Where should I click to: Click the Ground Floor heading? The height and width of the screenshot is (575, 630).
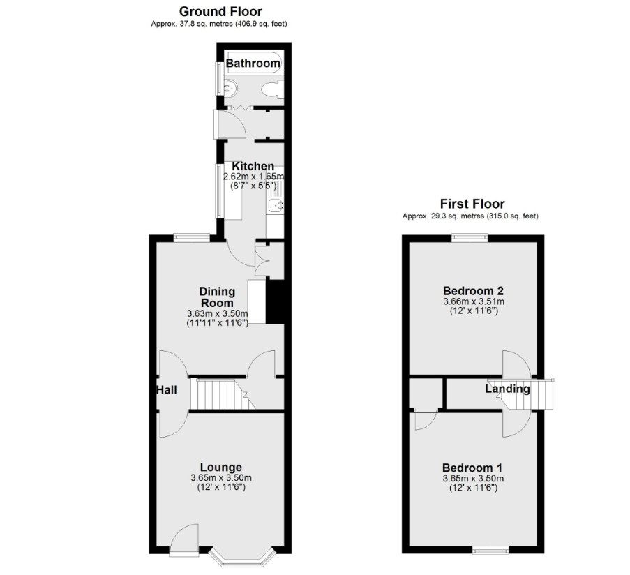(x=220, y=11)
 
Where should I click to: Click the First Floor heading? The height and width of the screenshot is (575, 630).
(x=472, y=204)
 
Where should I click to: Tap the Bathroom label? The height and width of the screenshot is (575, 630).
(x=253, y=63)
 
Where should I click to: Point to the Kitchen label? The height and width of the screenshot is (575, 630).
(x=253, y=166)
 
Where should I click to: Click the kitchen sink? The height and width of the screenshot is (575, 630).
(x=276, y=205)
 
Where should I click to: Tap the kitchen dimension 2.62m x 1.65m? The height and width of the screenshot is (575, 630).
(x=253, y=177)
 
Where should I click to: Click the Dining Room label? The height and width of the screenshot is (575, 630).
(x=217, y=297)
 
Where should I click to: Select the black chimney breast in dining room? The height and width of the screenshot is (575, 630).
(x=275, y=301)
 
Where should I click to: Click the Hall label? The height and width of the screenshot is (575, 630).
(x=166, y=390)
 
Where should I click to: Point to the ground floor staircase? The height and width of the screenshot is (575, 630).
(x=223, y=394)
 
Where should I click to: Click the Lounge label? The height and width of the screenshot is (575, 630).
(x=221, y=467)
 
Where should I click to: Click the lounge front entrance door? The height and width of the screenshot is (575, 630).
(x=184, y=540)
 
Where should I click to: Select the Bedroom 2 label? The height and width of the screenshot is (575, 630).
(x=473, y=290)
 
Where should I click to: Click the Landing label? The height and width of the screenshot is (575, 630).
(x=507, y=389)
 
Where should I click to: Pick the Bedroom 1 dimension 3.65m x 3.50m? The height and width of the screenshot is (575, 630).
(x=473, y=479)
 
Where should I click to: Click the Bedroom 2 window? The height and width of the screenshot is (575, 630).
(x=470, y=238)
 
